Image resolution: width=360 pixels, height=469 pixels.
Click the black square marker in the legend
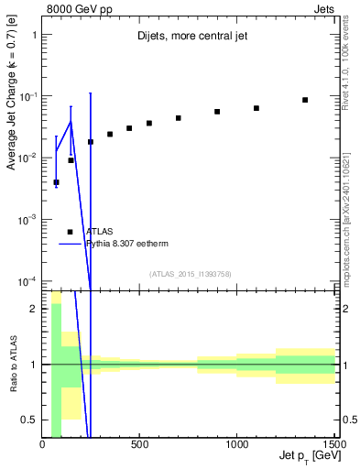pos(71,232)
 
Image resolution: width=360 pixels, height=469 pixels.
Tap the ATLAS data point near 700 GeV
pos(179,118)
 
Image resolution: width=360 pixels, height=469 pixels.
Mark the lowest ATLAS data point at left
pos(56,182)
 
